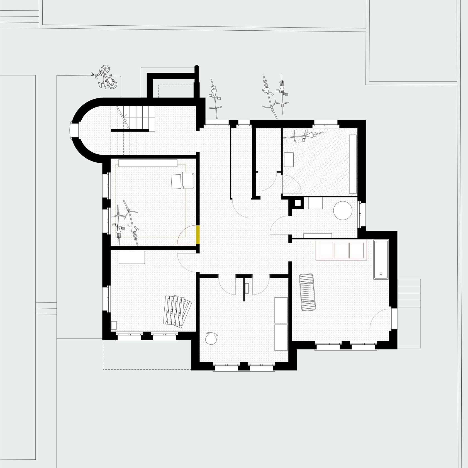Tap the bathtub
(x=381, y=259)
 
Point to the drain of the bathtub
(x=381, y=274)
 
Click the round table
(x=343, y=210)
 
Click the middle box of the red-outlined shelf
(x=341, y=250)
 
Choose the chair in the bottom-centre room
(x=211, y=338)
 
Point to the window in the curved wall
(x=75, y=130)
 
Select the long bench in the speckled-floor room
(x=353, y=164)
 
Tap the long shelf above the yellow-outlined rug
(x=148, y=163)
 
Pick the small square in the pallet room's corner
(x=114, y=325)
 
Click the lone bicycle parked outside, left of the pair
(x=214, y=99)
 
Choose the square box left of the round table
(x=315, y=203)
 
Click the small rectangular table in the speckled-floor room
(x=288, y=159)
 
